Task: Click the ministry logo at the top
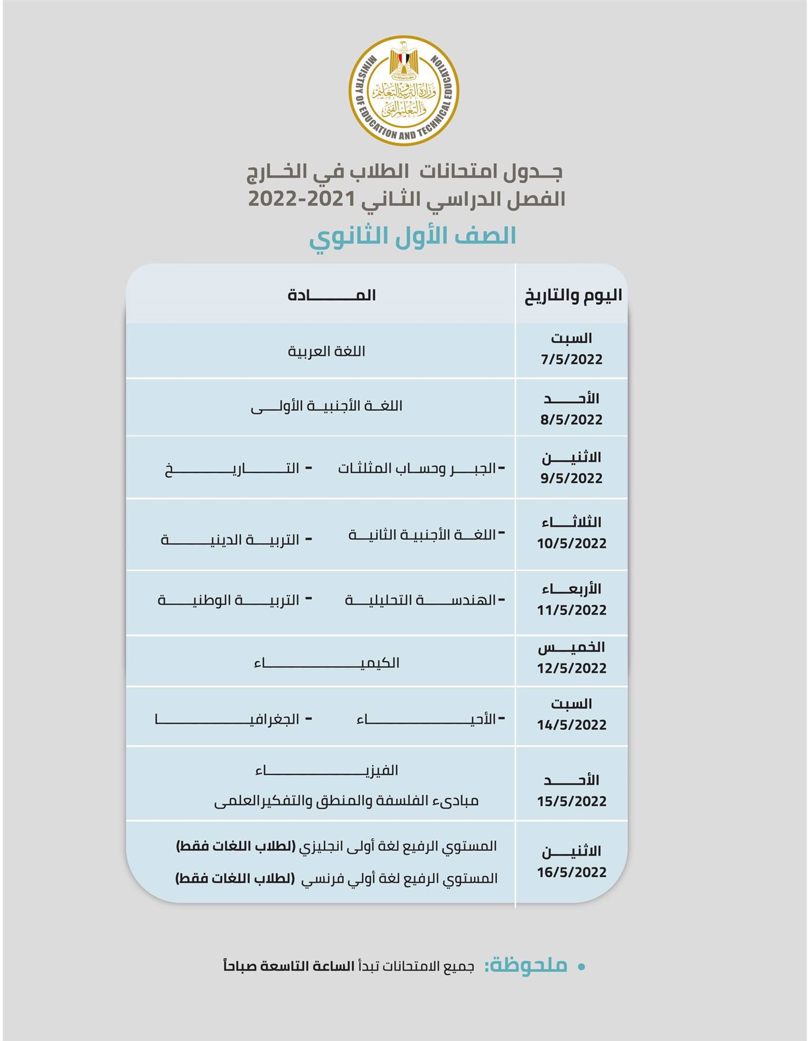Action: pos(404,90)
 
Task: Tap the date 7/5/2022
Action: pos(571,360)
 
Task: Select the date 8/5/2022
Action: pos(571,420)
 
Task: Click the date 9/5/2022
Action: pos(571,479)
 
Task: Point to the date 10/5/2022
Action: pos(571,544)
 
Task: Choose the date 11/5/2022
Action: pos(571,610)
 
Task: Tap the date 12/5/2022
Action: pos(571,669)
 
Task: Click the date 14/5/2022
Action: pos(571,725)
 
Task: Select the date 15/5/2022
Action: pos(571,802)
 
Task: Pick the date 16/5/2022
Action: pos(571,873)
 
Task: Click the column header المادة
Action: pos(331,296)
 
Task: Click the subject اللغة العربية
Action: pos(326,352)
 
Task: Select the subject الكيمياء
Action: pos(326,663)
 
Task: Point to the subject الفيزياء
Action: pos(326,770)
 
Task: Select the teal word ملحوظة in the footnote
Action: pos(526,966)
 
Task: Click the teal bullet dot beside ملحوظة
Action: pos(582,966)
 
